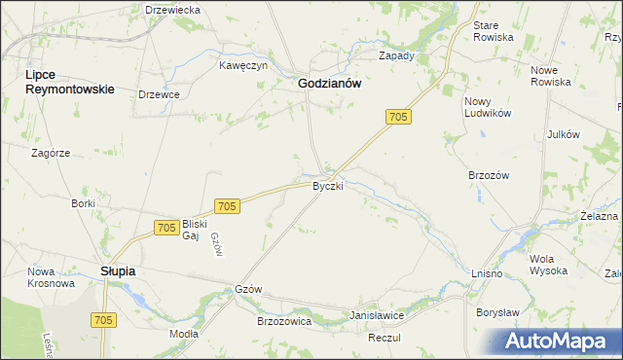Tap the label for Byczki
328,185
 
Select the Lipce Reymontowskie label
69,82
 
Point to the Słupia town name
118,271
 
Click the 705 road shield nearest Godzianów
398,117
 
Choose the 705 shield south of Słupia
103,319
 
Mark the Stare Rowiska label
493,31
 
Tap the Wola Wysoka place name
548,266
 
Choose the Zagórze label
51,153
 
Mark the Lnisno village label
485,274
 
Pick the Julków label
564,134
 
